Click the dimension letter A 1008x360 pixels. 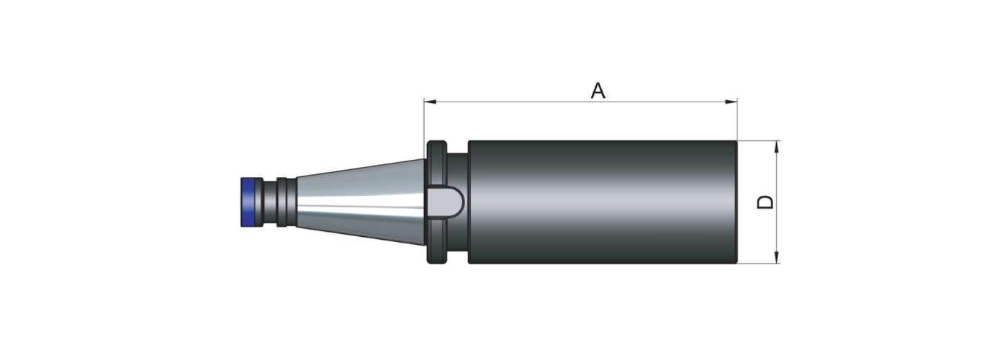coord(598,91)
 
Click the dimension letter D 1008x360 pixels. coord(765,202)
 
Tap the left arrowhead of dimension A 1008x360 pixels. coord(431,102)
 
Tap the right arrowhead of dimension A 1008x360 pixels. coord(732,102)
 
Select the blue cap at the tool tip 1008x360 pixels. coord(246,202)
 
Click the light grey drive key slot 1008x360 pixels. coord(445,202)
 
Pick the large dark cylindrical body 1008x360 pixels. coord(603,202)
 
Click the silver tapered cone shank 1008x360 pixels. coord(360,202)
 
